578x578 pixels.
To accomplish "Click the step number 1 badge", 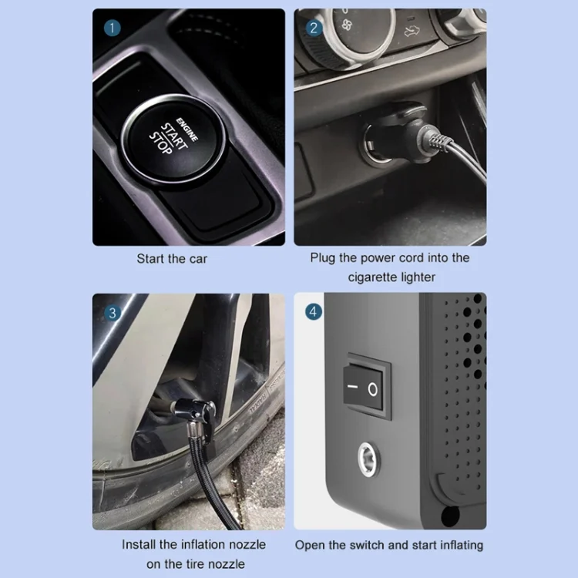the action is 113,28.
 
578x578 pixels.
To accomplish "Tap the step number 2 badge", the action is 314,28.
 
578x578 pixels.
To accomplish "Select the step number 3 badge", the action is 113,313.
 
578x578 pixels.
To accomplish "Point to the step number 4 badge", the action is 314,312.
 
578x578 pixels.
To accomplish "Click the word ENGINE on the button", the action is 187,129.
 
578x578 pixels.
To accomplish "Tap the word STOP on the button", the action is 160,143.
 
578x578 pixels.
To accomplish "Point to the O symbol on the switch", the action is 373,389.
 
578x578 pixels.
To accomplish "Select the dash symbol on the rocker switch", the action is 352,387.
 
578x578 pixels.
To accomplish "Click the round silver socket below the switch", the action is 368,459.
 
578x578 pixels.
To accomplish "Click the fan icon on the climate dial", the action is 347,25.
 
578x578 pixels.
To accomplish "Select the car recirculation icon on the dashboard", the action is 412,31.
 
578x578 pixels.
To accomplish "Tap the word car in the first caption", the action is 198,259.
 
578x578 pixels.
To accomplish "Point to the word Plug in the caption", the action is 323,258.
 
